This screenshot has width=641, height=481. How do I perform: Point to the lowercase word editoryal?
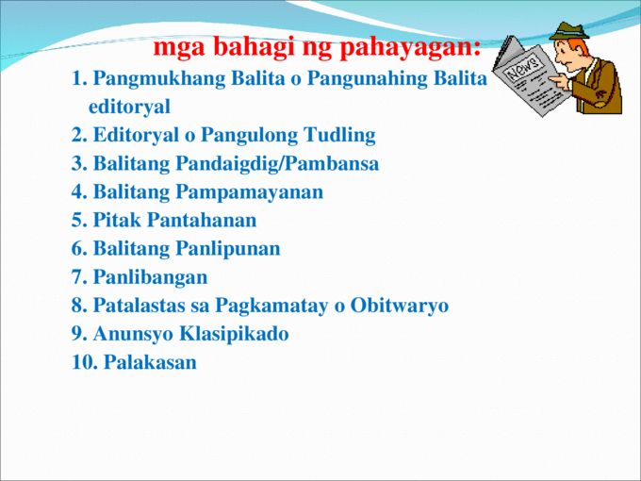tap(130, 107)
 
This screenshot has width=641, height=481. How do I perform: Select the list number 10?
tap(83, 362)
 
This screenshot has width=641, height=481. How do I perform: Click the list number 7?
tap(78, 277)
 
